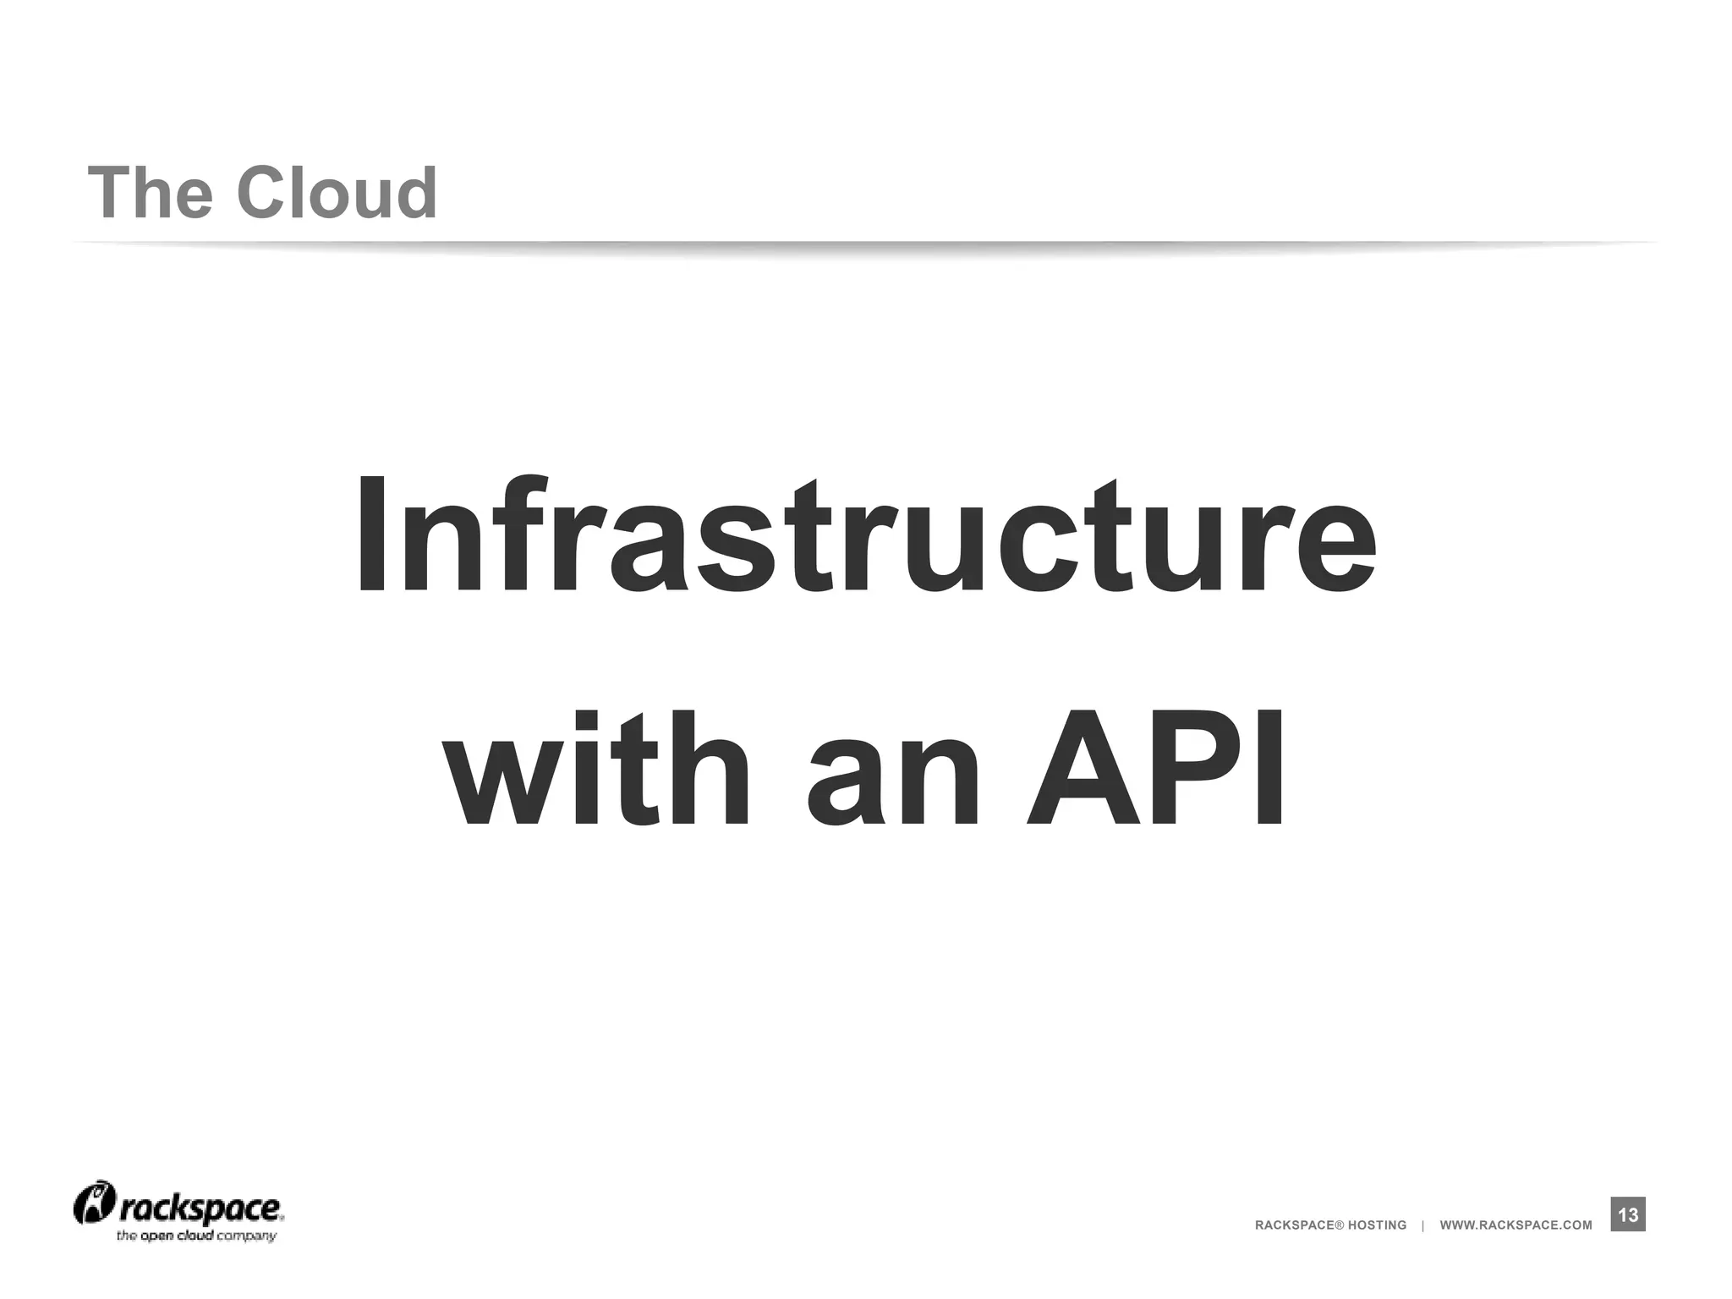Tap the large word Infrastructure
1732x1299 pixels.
pyautogui.click(x=865, y=536)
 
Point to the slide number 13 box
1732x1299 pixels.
pyautogui.click(x=1628, y=1215)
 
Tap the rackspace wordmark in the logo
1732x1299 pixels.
pyautogui.click(x=200, y=1209)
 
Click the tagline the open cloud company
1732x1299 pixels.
pyautogui.click(x=196, y=1236)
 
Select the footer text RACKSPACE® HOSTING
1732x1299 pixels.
pyautogui.click(x=1330, y=1225)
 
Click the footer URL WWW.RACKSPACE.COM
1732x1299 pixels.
pyautogui.click(x=1515, y=1225)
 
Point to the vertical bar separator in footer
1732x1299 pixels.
pyautogui.click(x=1423, y=1225)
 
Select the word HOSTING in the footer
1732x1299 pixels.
pyautogui.click(x=1377, y=1225)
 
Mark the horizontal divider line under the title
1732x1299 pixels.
pyautogui.click(x=865, y=244)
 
